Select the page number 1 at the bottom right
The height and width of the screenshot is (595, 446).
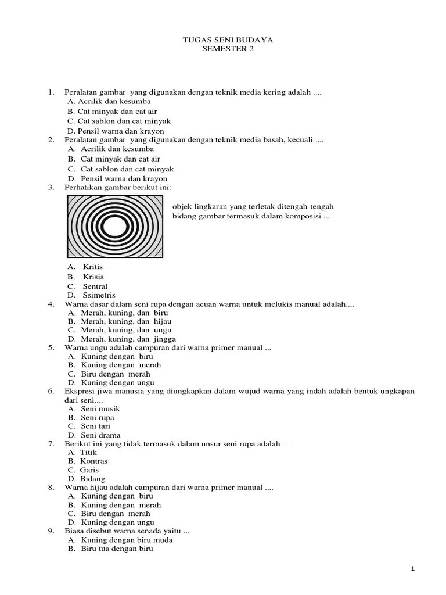point(413,569)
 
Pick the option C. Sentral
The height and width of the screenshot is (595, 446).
point(87,286)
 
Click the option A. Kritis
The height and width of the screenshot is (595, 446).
point(85,267)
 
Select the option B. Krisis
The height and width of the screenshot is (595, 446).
point(85,277)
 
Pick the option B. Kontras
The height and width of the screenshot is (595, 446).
point(88,461)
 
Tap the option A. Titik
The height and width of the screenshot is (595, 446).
point(82,452)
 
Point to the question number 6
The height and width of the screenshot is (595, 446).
point(51,391)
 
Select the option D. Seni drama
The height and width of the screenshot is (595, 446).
point(93,435)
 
